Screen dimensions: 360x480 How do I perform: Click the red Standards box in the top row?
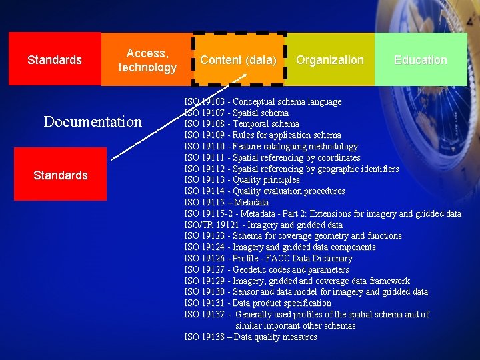tap(55, 60)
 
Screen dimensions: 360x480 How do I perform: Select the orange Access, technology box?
tap(147, 60)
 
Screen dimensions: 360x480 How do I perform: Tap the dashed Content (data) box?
tap(239, 60)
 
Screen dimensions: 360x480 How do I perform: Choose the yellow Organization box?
tap(330, 60)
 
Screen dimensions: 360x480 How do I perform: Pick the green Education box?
tap(420, 60)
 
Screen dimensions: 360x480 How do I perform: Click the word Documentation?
tap(93, 121)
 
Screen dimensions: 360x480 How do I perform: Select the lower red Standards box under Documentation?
tap(61, 175)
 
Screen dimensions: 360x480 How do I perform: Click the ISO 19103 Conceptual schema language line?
tap(263, 101)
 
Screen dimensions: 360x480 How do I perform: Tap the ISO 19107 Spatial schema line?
tap(236, 113)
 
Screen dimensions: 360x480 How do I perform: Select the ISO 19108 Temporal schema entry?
tap(241, 123)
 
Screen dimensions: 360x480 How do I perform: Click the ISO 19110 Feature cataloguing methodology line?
tap(271, 146)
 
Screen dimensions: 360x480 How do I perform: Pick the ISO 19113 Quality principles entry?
tap(242, 179)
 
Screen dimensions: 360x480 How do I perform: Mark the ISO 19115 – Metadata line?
tap(226, 202)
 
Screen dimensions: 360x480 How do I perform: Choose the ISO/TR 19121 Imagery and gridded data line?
tap(263, 225)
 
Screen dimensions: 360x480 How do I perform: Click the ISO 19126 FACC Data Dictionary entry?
tap(268, 258)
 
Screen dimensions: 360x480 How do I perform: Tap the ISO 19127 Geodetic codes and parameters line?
tap(266, 269)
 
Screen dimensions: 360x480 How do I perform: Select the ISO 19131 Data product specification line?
tap(257, 303)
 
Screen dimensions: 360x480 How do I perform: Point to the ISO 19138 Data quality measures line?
tap(251, 337)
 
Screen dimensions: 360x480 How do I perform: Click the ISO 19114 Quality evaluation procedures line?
tap(265, 191)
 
